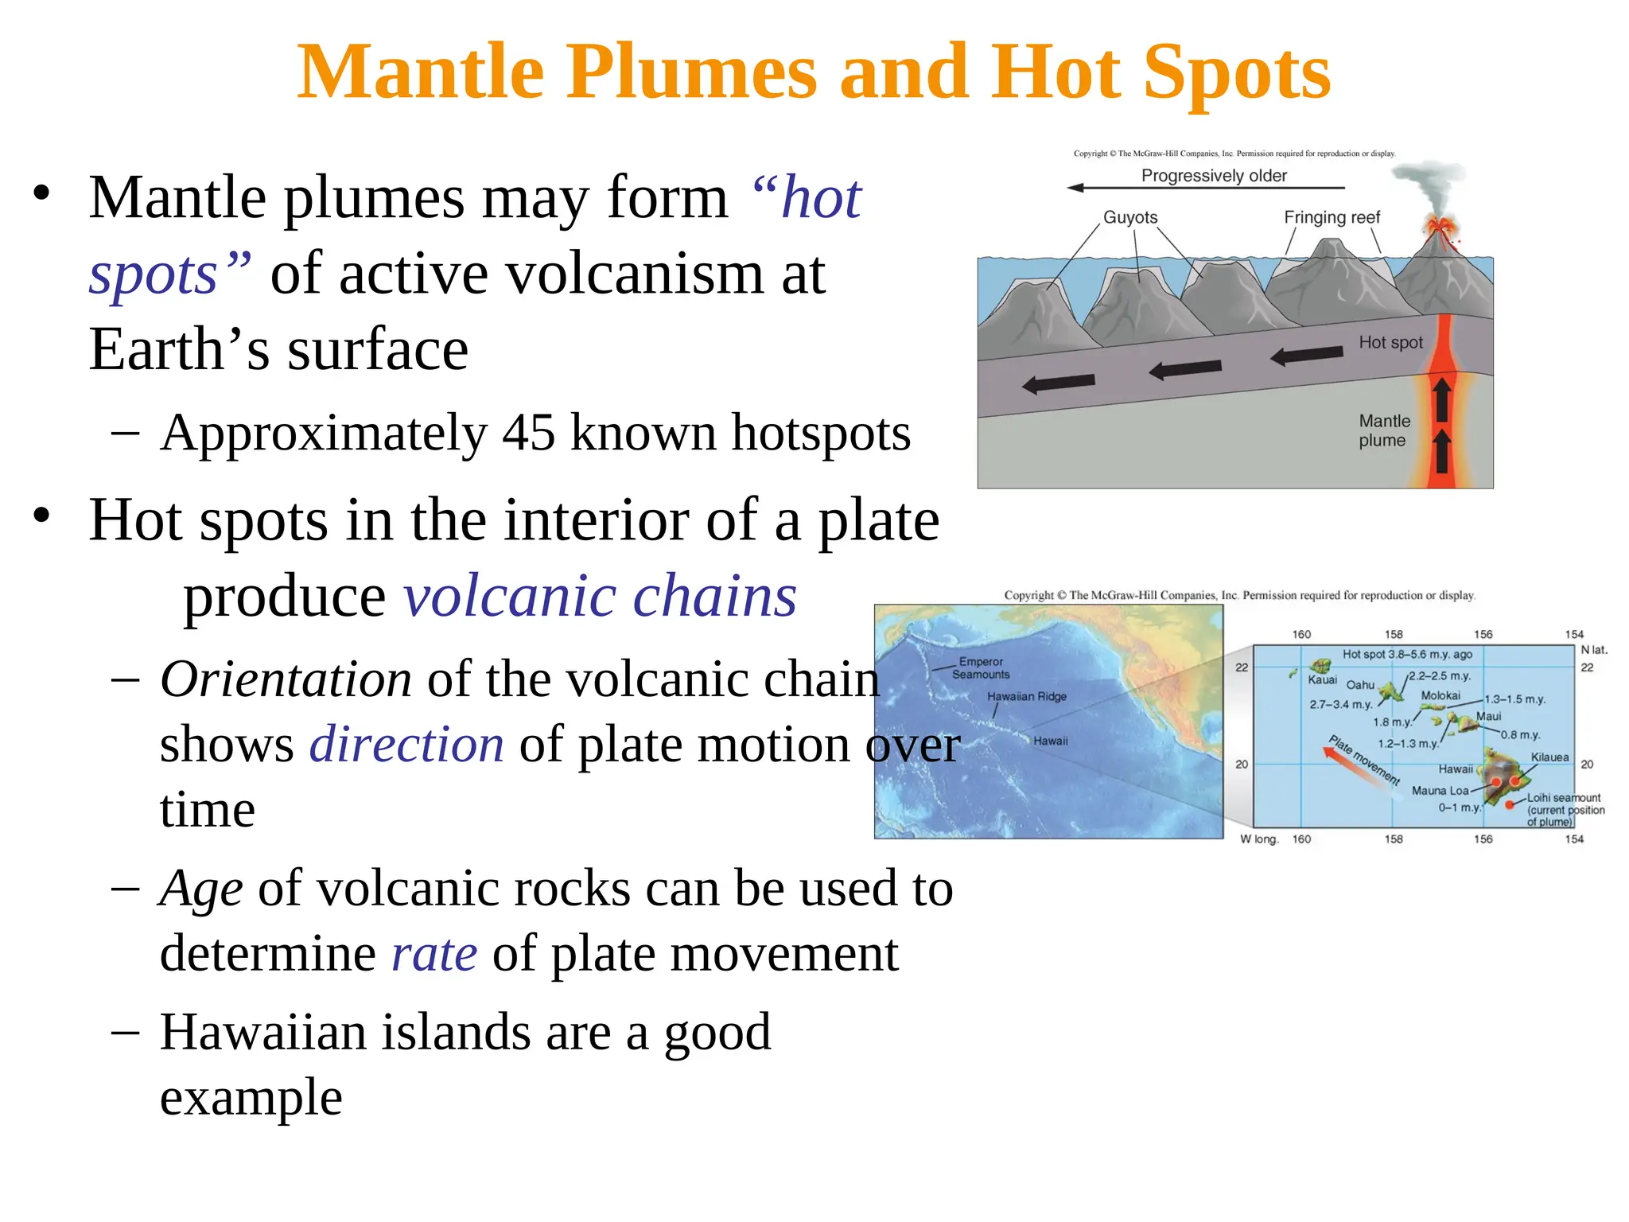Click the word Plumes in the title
pyautogui.click(x=690, y=73)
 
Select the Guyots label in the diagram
pyautogui.click(x=1129, y=218)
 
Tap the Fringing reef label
pyautogui.click(x=1332, y=218)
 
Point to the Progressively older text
pyautogui.click(x=1214, y=176)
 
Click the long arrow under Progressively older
pyautogui.click(x=1205, y=189)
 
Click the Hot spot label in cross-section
pyautogui.click(x=1390, y=343)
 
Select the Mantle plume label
pyautogui.click(x=1384, y=430)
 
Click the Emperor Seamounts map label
pyautogui.click(x=981, y=668)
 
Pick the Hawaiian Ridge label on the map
pyautogui.click(x=1026, y=697)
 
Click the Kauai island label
pyautogui.click(x=1322, y=680)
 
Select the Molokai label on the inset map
pyautogui.click(x=1440, y=696)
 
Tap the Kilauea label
pyautogui.click(x=1549, y=757)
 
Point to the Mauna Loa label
pyautogui.click(x=1440, y=791)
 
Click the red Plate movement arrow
pyautogui.click(x=1352, y=761)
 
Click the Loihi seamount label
pyautogui.click(x=1564, y=798)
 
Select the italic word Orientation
pyautogui.click(x=286, y=680)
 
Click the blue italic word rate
pyautogui.click(x=434, y=954)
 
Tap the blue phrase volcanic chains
pyautogui.click(x=600, y=597)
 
